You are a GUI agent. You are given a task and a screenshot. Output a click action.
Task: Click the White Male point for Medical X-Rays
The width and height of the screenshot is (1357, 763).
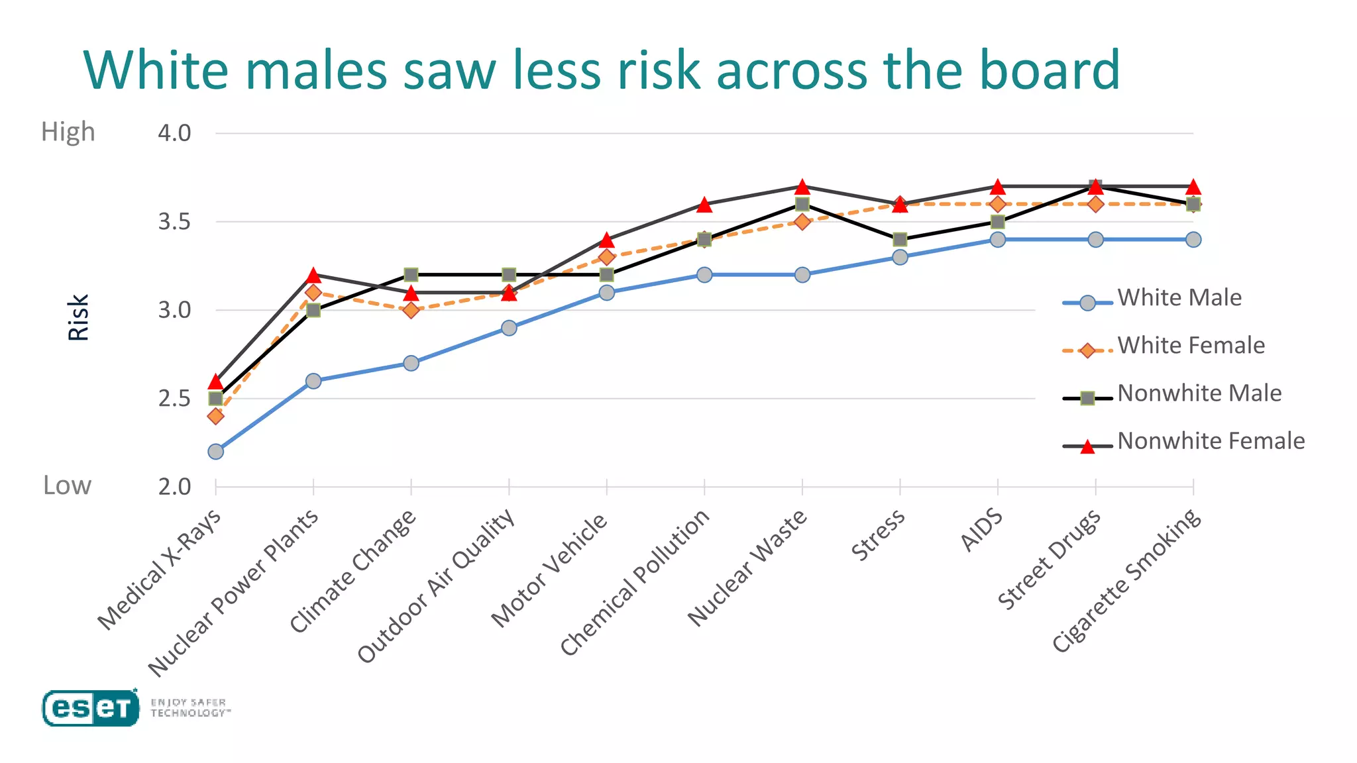(x=215, y=452)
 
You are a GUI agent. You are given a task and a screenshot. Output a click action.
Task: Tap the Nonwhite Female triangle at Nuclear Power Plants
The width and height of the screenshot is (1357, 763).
(x=313, y=276)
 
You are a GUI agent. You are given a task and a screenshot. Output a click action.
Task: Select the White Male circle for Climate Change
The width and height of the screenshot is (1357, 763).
(x=411, y=363)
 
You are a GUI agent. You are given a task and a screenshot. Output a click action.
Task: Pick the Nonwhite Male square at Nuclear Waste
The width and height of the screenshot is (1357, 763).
(x=802, y=204)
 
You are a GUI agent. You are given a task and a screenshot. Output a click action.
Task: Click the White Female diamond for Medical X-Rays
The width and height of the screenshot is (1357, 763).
(x=215, y=416)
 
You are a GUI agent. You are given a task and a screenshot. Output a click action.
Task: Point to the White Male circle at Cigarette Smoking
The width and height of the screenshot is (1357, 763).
(x=1193, y=239)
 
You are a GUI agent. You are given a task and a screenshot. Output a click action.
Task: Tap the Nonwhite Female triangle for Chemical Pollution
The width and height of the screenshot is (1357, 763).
(x=704, y=205)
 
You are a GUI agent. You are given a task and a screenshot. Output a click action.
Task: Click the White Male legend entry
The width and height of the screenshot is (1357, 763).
(x=1179, y=298)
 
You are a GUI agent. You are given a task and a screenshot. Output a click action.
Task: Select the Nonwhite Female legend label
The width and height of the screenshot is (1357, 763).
(x=1211, y=441)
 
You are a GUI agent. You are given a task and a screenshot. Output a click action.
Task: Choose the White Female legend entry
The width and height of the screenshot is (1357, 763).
(x=1191, y=346)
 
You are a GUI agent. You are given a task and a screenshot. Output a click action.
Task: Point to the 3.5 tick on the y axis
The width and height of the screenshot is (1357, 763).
(x=174, y=222)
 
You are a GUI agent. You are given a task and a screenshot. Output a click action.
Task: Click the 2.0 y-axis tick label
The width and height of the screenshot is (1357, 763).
(x=174, y=487)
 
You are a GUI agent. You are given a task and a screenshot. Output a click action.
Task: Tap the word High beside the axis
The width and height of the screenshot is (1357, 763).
(x=68, y=132)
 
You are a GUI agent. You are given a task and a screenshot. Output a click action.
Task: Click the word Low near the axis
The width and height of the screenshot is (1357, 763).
(x=67, y=485)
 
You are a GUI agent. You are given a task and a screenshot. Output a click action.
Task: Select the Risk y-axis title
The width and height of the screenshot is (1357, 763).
(x=78, y=318)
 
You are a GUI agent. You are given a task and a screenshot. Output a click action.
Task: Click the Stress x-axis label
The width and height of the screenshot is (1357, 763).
(x=879, y=535)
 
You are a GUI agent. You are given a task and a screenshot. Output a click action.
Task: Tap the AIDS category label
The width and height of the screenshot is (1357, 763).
(x=982, y=530)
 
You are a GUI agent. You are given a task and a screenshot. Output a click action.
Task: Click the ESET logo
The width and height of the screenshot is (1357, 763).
(x=91, y=708)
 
